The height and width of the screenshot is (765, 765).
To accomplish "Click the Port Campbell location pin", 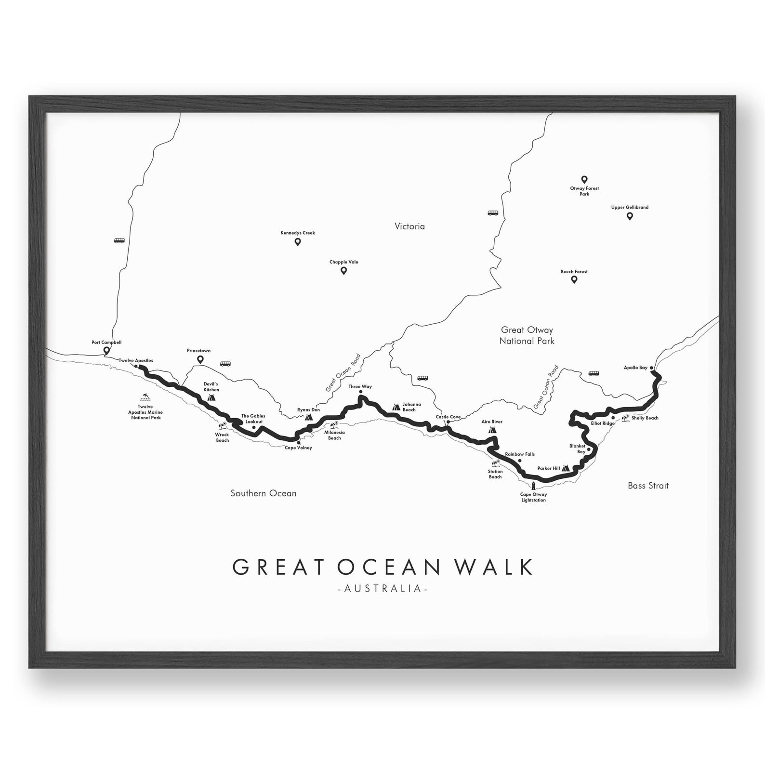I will click(106, 351).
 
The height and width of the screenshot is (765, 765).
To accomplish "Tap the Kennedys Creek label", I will click(298, 233).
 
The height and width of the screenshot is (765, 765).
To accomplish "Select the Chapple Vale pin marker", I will click(343, 271).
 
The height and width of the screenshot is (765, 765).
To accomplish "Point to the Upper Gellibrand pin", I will click(629, 216).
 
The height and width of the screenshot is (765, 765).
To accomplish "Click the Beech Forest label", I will click(574, 272).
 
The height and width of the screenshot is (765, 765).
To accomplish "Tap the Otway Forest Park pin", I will click(584, 180).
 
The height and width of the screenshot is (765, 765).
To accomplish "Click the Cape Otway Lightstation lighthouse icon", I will click(533, 486).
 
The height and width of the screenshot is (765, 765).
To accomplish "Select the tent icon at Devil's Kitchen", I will click(211, 398).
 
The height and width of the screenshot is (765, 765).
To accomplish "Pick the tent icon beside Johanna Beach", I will click(396, 407).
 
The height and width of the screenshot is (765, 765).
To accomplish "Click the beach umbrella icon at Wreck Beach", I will click(223, 426).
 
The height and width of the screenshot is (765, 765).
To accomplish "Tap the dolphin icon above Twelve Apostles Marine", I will click(145, 397).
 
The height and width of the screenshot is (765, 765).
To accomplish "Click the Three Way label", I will click(360, 387).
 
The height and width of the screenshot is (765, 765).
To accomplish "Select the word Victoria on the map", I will click(409, 226).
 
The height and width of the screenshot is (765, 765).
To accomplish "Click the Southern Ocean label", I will click(263, 493).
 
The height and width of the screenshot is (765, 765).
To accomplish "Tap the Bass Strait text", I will click(648, 486).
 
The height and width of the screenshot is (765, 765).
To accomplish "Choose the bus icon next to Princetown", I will click(225, 364).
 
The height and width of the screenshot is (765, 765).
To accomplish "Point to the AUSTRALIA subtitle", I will click(383, 589).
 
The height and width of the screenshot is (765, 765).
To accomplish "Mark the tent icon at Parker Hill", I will click(566, 468).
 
